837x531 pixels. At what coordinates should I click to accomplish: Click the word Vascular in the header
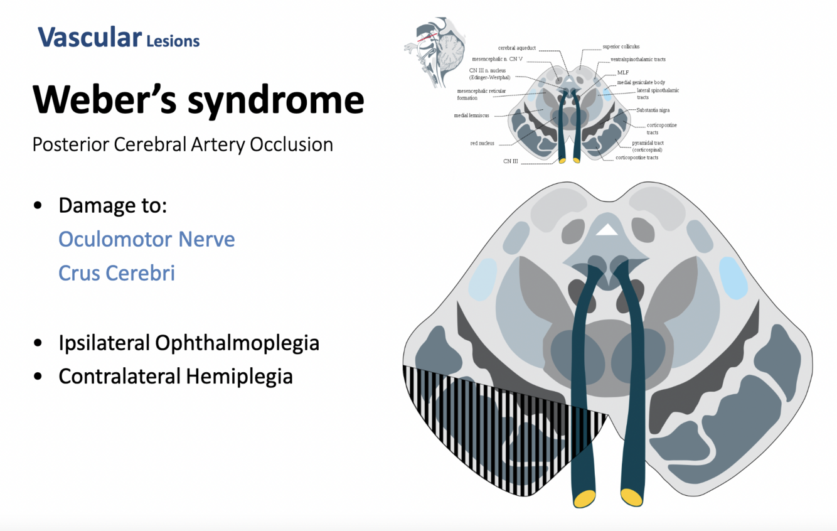(x=89, y=38)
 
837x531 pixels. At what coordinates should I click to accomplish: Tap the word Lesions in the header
(x=173, y=42)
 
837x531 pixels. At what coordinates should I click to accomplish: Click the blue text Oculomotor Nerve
(x=147, y=239)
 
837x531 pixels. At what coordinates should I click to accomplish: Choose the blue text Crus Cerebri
(x=117, y=273)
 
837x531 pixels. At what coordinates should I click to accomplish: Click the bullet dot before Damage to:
(x=39, y=205)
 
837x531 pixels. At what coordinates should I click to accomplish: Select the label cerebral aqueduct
(x=518, y=48)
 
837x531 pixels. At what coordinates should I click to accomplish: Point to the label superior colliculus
(x=621, y=47)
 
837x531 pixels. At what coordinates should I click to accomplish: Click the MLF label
(x=622, y=73)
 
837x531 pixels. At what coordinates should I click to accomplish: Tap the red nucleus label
(x=482, y=143)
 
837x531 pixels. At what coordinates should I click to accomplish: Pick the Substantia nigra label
(x=653, y=110)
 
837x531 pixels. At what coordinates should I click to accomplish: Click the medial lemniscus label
(x=471, y=115)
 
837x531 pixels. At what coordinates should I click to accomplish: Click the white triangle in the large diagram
(x=607, y=230)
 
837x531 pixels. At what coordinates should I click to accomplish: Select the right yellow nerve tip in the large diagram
(x=632, y=497)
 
